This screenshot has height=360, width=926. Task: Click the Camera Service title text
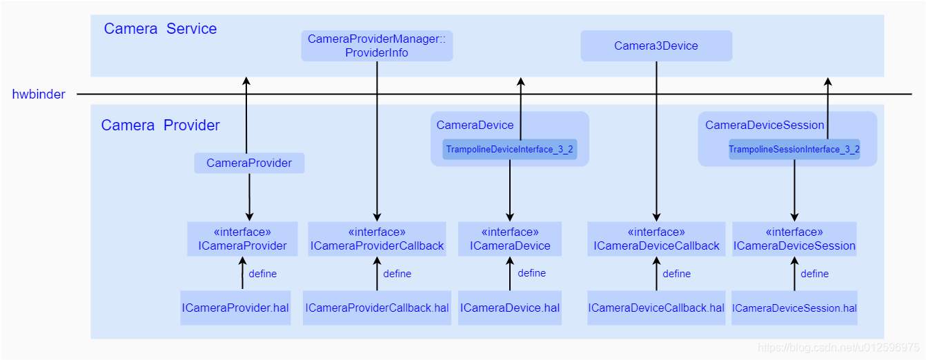160,29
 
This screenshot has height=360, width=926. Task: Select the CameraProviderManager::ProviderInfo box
377,46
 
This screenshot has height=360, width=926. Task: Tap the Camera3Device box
656,46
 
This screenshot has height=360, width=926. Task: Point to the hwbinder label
39,94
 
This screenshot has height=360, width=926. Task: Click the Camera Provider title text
160,126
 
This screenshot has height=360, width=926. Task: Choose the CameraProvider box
249,163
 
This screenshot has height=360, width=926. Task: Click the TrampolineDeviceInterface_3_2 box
509,150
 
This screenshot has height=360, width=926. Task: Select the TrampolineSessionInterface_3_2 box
794,150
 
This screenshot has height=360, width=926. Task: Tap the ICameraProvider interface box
242,239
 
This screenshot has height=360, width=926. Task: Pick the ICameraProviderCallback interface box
377,239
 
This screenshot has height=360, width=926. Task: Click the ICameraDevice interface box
510,239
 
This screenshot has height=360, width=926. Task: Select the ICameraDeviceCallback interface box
656,239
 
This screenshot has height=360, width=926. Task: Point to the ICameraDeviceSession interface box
794,239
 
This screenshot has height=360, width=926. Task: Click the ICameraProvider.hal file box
235,308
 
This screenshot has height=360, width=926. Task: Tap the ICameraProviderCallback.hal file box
377,308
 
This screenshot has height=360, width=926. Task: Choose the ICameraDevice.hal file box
510,308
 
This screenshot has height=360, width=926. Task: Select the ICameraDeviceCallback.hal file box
656,308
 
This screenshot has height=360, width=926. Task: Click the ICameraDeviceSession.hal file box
794,308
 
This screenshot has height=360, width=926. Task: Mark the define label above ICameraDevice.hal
531,273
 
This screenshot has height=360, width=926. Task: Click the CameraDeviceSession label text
765,126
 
